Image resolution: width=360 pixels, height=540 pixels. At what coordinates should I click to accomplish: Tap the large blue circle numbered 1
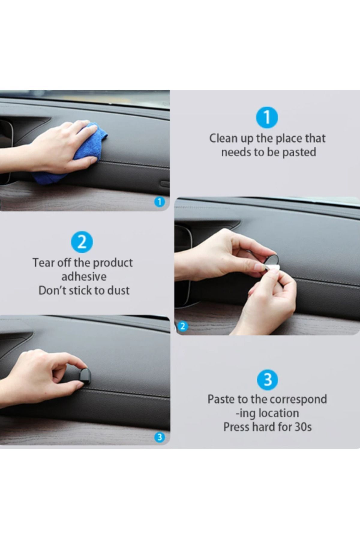tap(267, 118)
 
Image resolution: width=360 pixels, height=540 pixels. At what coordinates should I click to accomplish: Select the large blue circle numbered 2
tap(82, 242)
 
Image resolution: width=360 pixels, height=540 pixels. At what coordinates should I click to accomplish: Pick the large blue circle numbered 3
tap(268, 379)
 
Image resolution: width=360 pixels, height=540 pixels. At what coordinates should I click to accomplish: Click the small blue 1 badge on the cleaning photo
tap(160, 202)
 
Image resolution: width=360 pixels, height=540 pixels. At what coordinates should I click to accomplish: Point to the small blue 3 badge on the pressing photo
tap(160, 438)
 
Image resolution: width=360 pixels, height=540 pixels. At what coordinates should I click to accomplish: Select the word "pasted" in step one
tap(299, 152)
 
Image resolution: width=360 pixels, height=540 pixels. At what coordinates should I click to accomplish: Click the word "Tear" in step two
tap(43, 263)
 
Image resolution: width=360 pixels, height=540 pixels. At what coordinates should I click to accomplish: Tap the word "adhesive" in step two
tap(84, 276)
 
